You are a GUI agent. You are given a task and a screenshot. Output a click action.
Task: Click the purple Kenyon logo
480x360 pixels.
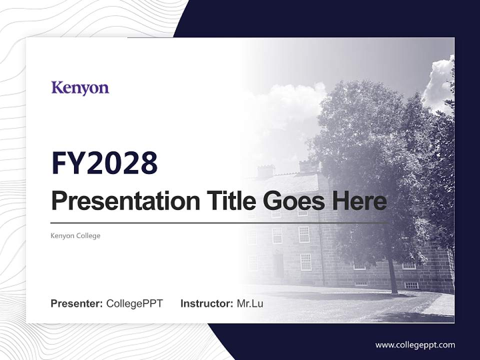click(80, 88)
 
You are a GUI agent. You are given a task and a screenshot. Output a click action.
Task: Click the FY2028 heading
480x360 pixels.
click(104, 163)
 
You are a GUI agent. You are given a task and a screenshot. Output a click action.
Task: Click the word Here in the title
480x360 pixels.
click(358, 201)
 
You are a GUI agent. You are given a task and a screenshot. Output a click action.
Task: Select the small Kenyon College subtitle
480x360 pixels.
click(75, 235)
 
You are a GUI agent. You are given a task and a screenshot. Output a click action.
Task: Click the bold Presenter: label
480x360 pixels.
click(77, 303)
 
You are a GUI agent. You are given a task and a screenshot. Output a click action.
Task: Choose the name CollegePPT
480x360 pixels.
click(134, 303)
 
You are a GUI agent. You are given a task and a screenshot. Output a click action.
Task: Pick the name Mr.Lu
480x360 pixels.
click(250, 303)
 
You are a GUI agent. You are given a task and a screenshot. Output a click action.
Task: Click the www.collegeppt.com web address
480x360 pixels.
click(415, 345)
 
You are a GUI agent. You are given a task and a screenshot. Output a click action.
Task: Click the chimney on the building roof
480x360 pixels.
click(265, 171)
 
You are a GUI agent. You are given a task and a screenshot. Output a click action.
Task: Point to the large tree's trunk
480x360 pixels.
click(393, 278)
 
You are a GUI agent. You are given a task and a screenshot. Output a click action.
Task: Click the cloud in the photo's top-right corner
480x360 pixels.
click(438, 82)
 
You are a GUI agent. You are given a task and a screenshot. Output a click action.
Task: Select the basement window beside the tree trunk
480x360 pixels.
click(411, 285)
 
